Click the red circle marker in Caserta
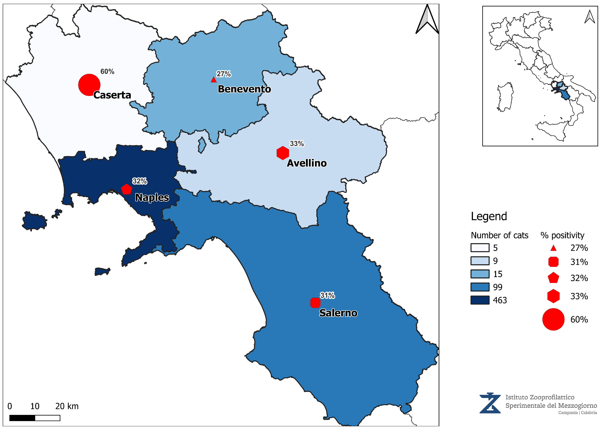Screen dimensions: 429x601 coord(89,85)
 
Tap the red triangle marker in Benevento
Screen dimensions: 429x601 coord(214,80)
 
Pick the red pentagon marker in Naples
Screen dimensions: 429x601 coord(127,189)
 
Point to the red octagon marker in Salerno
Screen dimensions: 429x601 coord(315,303)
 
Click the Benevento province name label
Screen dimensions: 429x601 coord(244,89)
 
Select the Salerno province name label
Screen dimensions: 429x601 coord(338,313)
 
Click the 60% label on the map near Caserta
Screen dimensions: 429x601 coord(107,72)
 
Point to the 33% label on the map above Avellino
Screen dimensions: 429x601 coord(297,144)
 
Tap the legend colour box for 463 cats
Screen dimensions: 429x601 coord(480,300)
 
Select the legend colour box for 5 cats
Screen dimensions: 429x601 coord(480,248)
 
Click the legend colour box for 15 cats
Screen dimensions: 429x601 coord(480,274)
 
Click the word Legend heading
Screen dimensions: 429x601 coord(489,216)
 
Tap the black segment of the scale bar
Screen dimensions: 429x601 coord(22,418)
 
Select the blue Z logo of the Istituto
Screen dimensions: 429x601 coord(490,403)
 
